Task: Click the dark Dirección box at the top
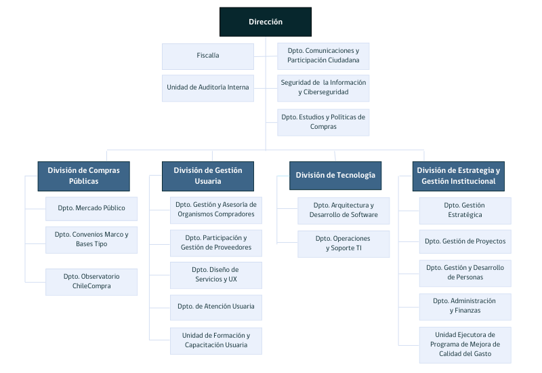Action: [266, 22]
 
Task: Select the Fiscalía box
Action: [207, 56]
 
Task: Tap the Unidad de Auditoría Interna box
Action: [207, 87]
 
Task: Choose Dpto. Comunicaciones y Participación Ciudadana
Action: [323, 56]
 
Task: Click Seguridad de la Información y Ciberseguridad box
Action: [323, 87]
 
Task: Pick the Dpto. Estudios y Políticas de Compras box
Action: [323, 122]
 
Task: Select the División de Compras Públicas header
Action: [83, 176]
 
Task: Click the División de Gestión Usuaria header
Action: [207, 176]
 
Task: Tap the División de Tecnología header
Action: [335, 176]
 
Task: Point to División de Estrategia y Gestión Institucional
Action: [459, 176]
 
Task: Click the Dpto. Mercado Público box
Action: [91, 208]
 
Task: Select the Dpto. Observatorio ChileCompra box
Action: [91, 281]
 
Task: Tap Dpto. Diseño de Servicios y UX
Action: [215, 275]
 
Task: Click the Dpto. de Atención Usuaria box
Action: [215, 307]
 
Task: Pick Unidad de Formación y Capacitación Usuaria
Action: [215, 340]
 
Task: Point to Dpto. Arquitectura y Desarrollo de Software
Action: [343, 210]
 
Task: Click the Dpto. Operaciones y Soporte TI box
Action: [343, 244]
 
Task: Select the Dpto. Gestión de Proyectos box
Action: [465, 241]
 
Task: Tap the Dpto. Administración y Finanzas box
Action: [465, 306]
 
